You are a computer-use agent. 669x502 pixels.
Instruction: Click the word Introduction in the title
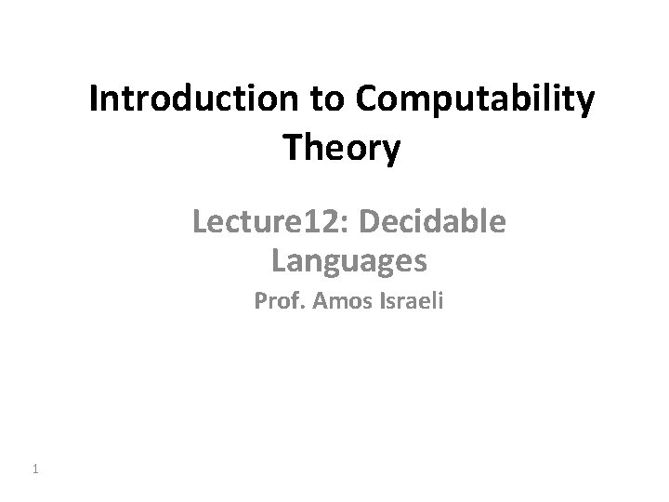[193, 100]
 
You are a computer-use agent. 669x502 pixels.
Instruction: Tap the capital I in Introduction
[94, 100]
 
